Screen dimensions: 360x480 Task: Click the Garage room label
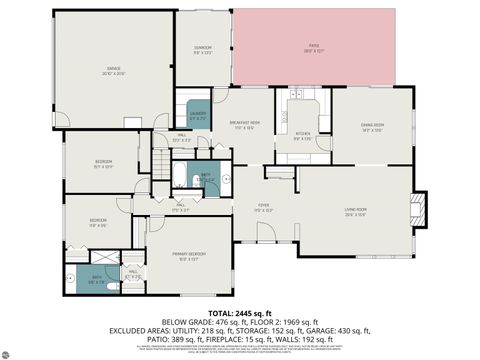click(112, 71)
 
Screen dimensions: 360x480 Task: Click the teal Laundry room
click(198, 114)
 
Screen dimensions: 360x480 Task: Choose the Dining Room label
click(372, 126)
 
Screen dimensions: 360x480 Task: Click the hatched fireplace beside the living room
click(419, 208)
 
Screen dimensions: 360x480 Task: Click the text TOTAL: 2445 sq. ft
click(240, 313)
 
